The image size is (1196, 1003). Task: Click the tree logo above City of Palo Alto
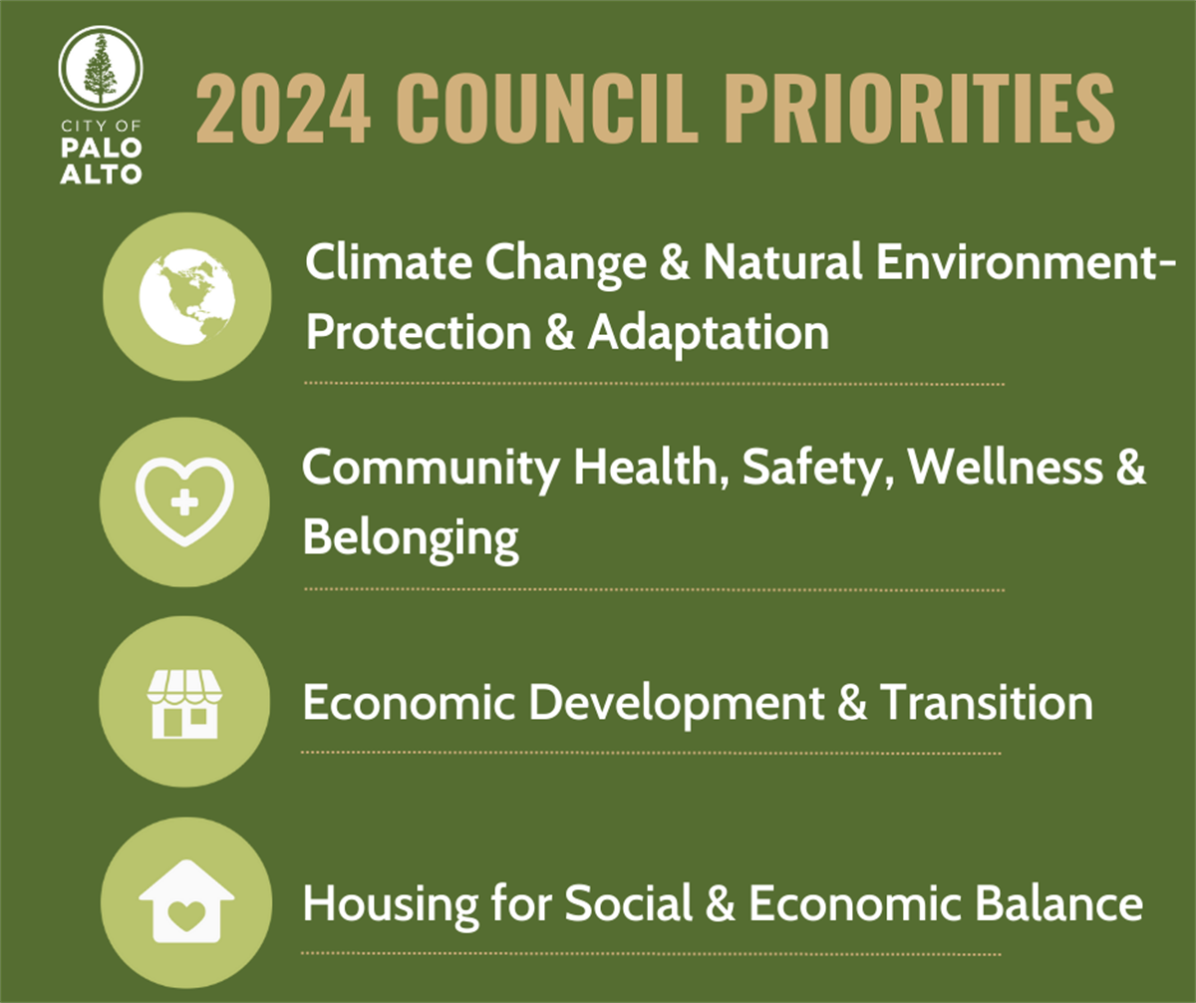click(100, 67)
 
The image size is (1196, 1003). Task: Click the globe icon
click(186, 296)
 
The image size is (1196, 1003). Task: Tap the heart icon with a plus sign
click(185, 501)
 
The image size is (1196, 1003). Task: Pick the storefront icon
click(184, 702)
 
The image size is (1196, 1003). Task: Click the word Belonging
click(411, 539)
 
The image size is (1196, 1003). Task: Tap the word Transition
click(985, 703)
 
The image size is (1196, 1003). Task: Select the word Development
click(676, 704)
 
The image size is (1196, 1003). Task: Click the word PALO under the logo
click(100, 150)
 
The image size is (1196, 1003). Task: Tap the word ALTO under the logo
click(100, 173)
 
